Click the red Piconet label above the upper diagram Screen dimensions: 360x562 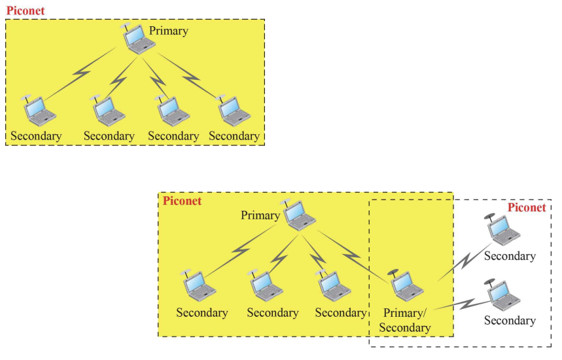26,10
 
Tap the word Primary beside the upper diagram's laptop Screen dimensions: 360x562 168,31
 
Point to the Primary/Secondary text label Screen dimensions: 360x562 405,320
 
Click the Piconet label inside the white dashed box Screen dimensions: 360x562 527,207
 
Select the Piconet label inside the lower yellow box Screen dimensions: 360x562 182,201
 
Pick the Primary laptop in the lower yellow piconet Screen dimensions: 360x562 299,215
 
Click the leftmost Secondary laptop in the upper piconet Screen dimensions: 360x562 39,111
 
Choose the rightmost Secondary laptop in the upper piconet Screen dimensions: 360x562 232,111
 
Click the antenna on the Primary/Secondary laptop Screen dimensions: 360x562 393,272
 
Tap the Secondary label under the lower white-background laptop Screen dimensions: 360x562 510,321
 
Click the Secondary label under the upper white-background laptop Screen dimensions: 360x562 510,256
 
